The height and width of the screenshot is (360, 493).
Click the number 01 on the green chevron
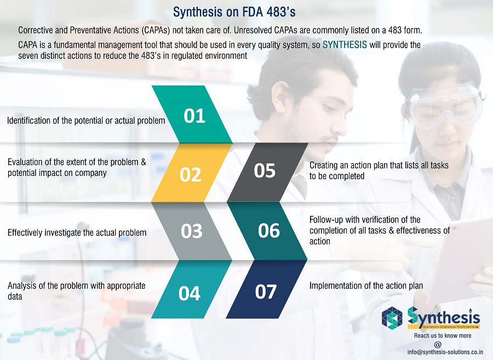click(194, 116)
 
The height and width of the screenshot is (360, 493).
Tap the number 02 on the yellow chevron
click(190, 175)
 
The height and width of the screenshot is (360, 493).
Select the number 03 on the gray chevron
click(192, 231)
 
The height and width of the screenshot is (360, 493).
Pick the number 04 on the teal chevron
click(190, 293)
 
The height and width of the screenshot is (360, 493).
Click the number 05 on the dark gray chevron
click(265, 170)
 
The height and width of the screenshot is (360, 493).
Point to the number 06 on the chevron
click(269, 231)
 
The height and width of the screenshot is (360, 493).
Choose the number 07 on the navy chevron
click(266, 292)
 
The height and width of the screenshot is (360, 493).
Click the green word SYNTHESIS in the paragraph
click(345, 44)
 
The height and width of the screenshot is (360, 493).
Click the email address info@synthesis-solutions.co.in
click(445, 352)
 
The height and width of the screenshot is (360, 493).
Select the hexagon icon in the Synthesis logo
click(392, 317)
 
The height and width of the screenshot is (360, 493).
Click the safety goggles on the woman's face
click(444, 103)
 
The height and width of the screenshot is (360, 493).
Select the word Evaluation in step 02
click(25, 162)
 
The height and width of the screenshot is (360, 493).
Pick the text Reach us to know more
click(443, 335)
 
